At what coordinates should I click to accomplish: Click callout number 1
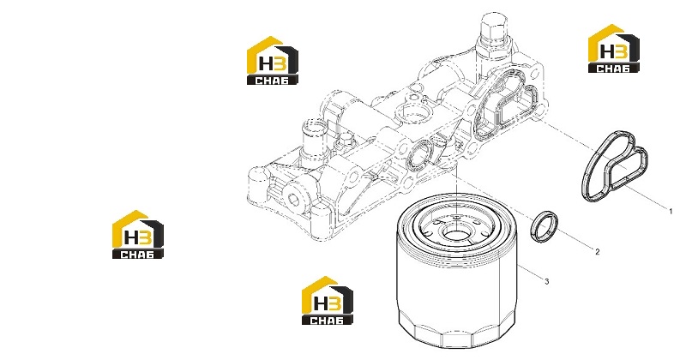[671, 211]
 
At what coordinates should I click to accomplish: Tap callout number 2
[597, 251]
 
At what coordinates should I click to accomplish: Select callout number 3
[546, 281]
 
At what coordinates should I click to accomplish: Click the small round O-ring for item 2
[545, 226]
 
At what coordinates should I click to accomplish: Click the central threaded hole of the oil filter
[455, 231]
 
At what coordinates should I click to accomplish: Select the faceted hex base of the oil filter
[456, 333]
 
